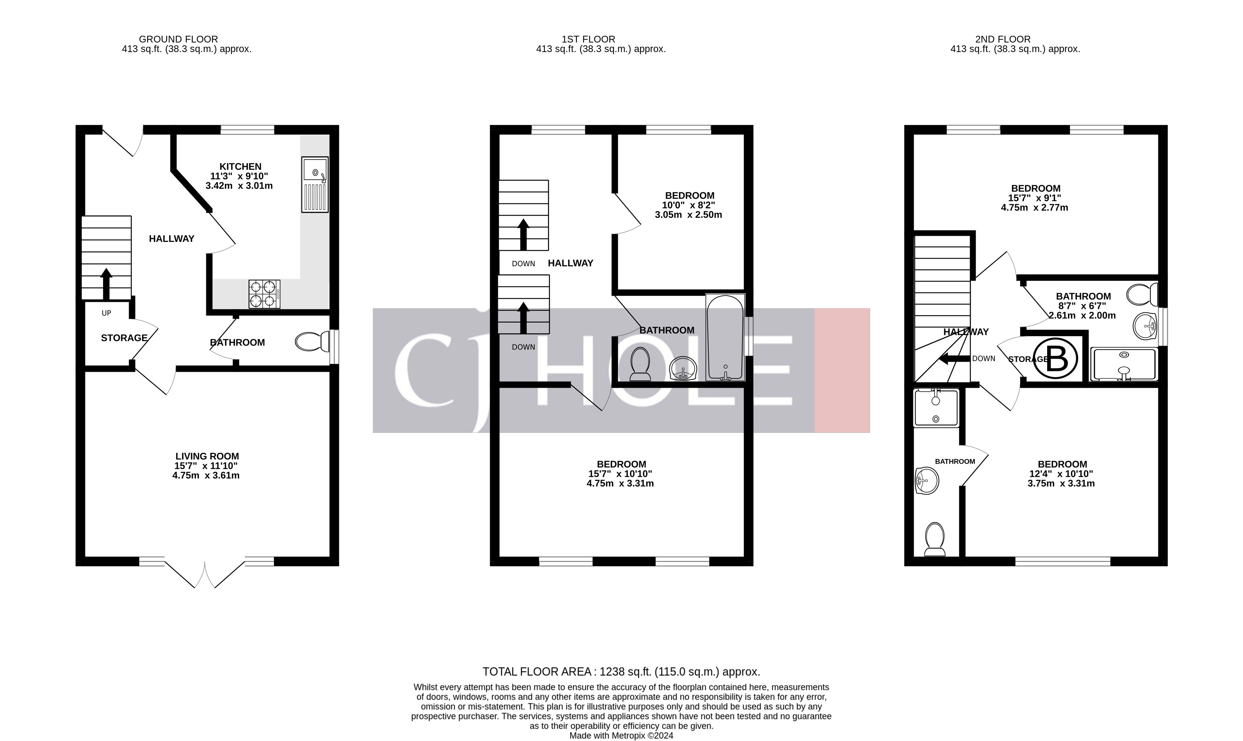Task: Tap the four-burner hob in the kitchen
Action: click(264, 294)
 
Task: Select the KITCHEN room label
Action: click(240, 166)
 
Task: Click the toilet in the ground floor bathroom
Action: click(310, 342)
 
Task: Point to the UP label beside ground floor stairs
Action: click(106, 313)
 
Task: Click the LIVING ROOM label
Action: click(207, 456)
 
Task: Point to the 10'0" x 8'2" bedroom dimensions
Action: click(689, 205)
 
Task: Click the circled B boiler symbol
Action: click(1056, 358)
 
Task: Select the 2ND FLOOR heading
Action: click(1002, 39)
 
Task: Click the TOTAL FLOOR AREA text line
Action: click(621, 672)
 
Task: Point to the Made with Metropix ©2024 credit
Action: click(621, 735)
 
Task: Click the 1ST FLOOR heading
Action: click(588, 39)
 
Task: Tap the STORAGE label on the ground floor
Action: click(124, 338)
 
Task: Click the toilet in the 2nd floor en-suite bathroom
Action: click(934, 539)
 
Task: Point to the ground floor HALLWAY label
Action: click(171, 239)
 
